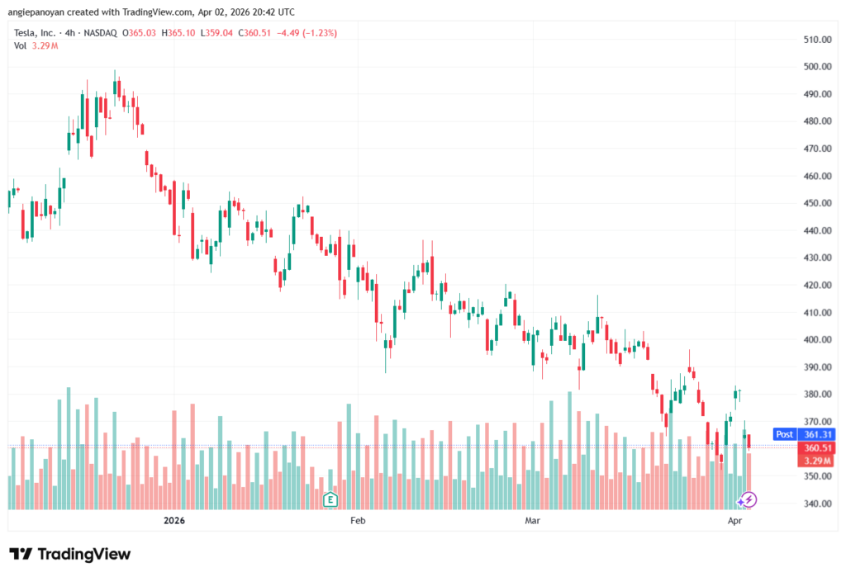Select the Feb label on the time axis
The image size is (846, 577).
357,521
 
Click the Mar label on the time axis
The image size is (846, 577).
533,521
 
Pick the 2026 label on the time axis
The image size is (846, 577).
173,521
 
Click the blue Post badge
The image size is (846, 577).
784,433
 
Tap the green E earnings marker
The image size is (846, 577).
330,499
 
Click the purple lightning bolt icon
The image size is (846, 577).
747,499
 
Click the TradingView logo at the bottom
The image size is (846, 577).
70,554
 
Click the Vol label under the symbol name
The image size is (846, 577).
20,45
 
